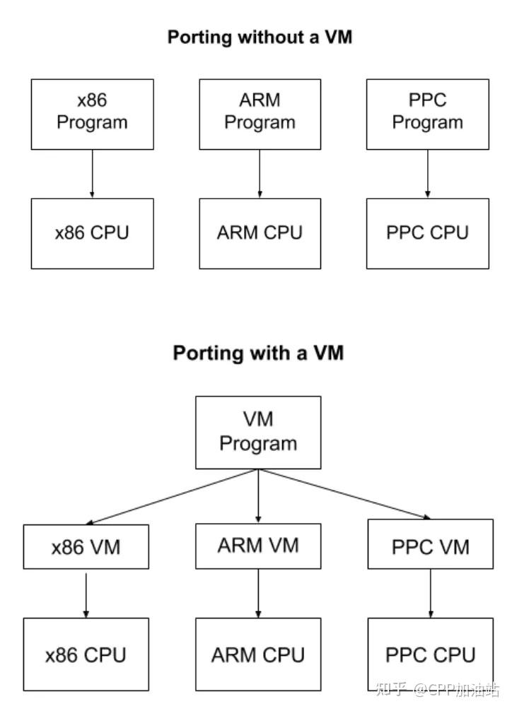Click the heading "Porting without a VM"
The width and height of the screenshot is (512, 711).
(x=259, y=37)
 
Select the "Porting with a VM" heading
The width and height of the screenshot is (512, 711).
(x=258, y=352)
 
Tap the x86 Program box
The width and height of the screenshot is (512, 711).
(x=92, y=114)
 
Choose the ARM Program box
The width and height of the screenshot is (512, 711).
(x=260, y=114)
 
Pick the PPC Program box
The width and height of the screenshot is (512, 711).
(x=427, y=114)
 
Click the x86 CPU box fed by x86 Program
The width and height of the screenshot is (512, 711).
(x=92, y=233)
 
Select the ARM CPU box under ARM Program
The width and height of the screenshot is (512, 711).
(x=260, y=233)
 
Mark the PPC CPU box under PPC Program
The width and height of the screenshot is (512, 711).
(x=427, y=233)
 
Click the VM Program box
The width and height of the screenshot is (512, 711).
(x=258, y=432)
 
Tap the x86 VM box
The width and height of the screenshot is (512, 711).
(x=86, y=547)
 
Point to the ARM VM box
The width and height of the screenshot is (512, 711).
(x=258, y=546)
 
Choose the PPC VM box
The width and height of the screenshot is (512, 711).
(x=430, y=547)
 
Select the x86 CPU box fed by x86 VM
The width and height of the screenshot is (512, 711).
(x=86, y=654)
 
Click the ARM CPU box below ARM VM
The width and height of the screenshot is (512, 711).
(x=258, y=654)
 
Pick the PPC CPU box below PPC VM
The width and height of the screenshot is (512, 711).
(x=430, y=654)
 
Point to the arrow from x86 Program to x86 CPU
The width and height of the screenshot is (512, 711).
(x=92, y=174)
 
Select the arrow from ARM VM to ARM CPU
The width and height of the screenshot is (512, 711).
(x=258, y=593)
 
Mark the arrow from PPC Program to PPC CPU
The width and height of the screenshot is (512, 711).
(x=427, y=174)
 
